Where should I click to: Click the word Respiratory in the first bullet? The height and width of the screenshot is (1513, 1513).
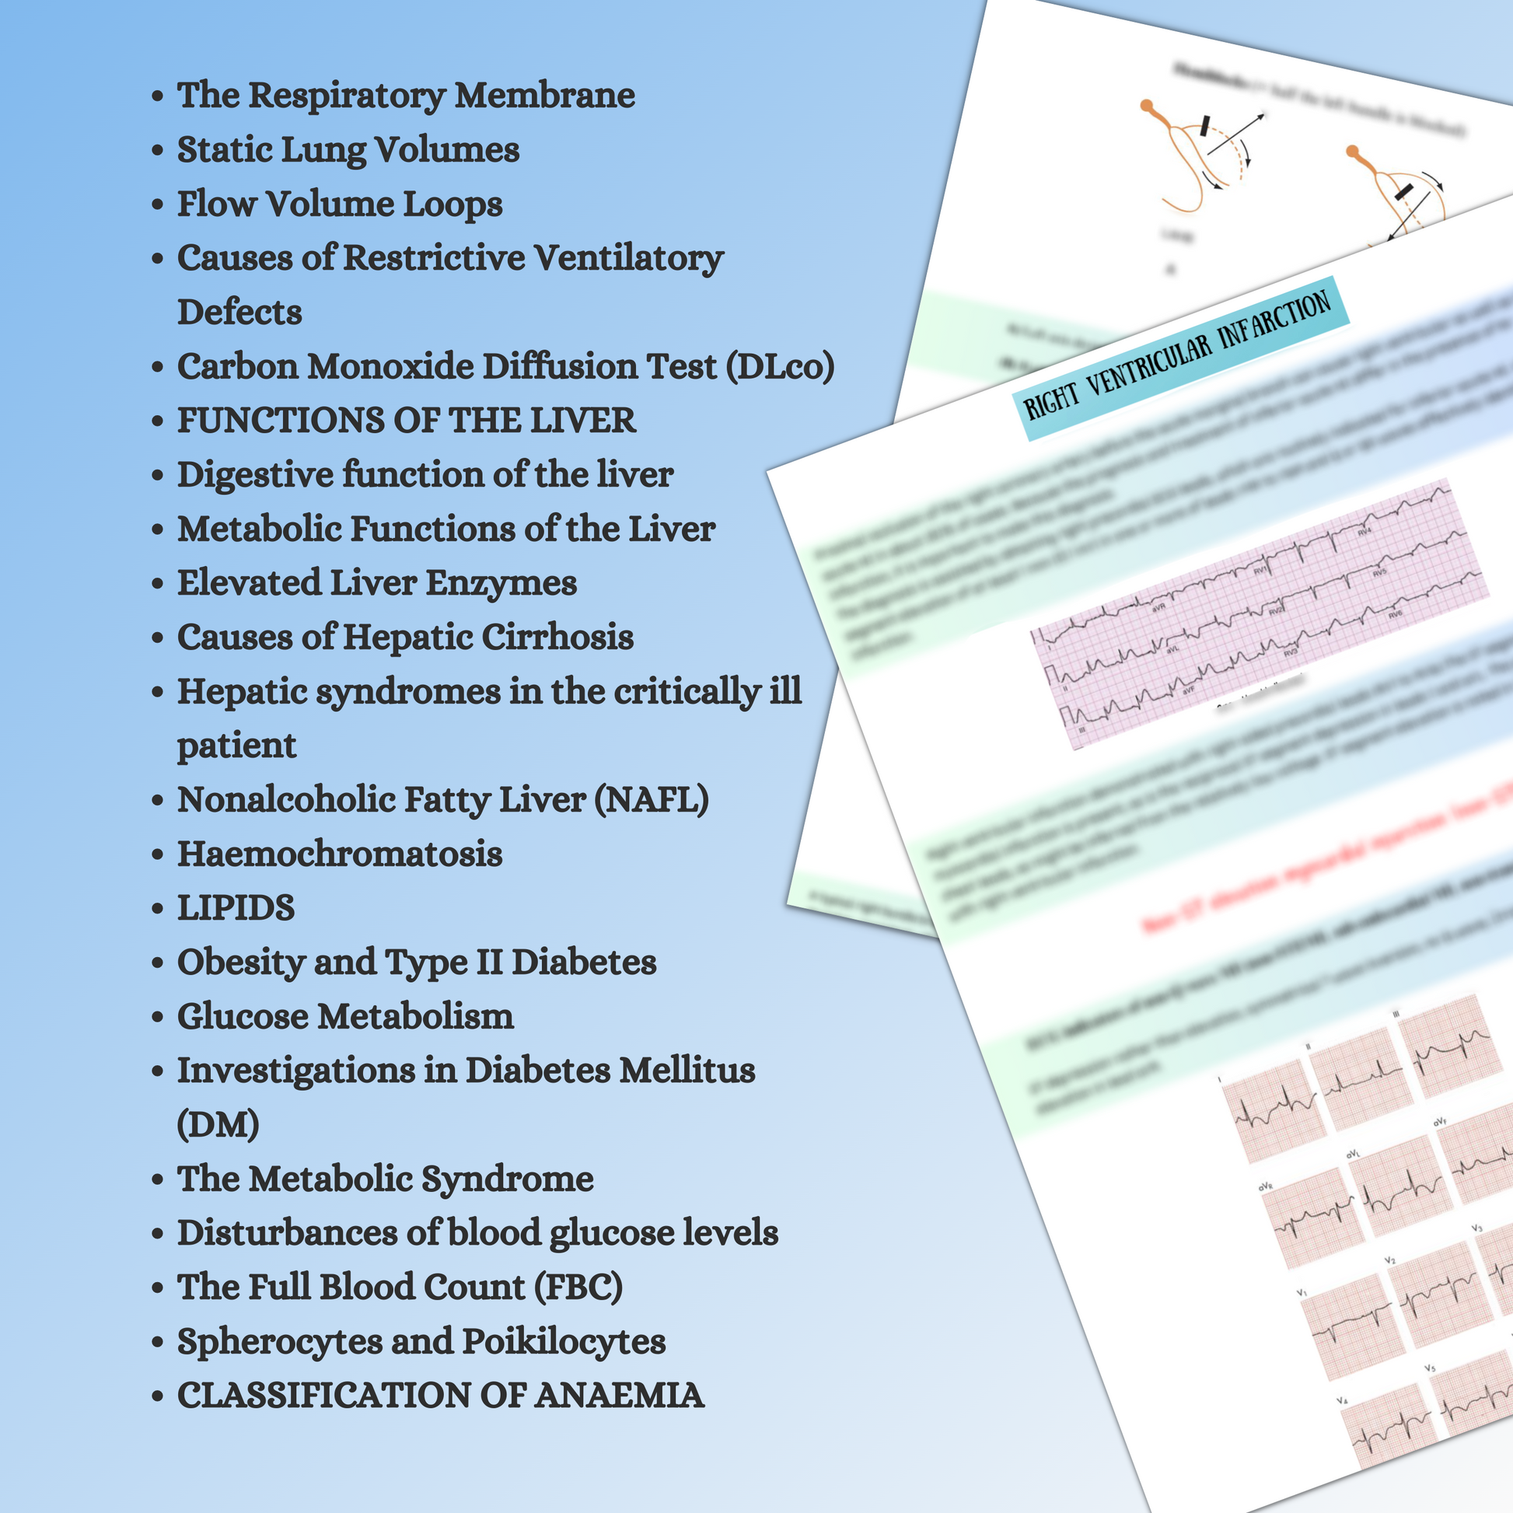(345, 96)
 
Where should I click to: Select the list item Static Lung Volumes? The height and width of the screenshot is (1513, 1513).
(348, 149)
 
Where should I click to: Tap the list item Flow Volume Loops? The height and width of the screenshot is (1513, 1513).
(339, 204)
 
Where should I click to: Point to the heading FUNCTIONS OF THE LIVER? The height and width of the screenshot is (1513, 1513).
(406, 421)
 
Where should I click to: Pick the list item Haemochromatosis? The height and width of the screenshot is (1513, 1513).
(339, 854)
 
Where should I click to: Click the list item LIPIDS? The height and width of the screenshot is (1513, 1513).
(236, 907)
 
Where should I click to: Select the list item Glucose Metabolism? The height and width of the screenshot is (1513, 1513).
(345, 1016)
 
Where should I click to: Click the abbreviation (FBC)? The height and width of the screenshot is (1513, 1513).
(578, 1287)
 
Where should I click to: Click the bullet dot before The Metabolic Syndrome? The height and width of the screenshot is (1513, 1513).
(157, 1179)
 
